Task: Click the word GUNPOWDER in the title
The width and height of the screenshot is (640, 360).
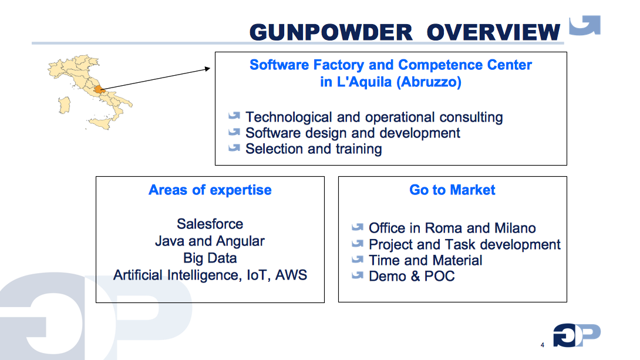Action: pyautogui.click(x=331, y=32)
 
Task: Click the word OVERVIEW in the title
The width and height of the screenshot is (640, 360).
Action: pyautogui.click(x=493, y=32)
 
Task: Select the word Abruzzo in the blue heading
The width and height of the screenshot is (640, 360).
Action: pyautogui.click(x=428, y=82)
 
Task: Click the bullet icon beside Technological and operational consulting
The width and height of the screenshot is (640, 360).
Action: pyautogui.click(x=235, y=116)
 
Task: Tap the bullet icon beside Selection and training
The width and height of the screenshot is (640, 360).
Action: pyautogui.click(x=235, y=148)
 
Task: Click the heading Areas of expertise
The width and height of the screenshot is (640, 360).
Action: pyautogui.click(x=210, y=190)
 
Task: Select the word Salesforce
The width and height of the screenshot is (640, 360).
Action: pyautogui.click(x=210, y=224)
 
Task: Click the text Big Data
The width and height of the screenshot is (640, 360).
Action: pyautogui.click(x=210, y=258)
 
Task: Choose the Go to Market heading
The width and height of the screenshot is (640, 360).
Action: pyautogui.click(x=452, y=190)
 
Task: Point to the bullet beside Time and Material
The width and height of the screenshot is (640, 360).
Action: pyautogui.click(x=358, y=259)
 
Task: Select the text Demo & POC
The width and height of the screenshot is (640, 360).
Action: pyautogui.click(x=412, y=276)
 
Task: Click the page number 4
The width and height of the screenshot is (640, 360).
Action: pyautogui.click(x=542, y=344)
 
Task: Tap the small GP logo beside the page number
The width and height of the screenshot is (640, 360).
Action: pyautogui.click(x=577, y=335)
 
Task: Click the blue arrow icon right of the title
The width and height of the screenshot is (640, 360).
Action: pyautogui.click(x=585, y=26)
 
